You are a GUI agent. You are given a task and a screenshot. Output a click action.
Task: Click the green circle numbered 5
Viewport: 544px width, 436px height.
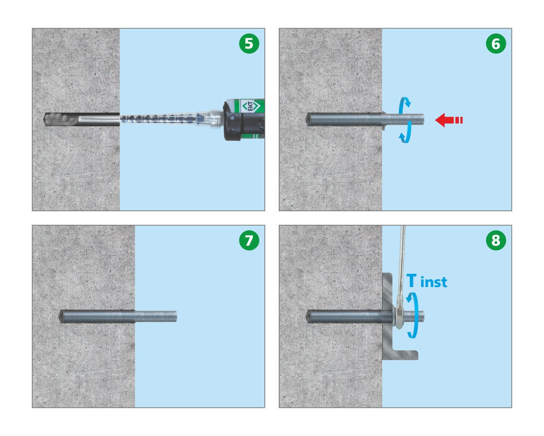pos(249,43)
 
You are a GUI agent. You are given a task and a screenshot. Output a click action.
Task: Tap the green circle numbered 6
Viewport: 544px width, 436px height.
pos(496,43)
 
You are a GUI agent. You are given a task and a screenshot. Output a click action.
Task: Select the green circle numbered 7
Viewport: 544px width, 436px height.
pos(249,240)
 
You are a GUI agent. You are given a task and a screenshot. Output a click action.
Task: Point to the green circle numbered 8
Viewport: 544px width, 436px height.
pos(496,240)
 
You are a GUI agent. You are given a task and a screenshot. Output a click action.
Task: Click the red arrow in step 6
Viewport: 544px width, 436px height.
pos(449,120)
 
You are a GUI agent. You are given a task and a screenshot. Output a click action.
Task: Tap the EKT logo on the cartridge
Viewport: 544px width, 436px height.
pos(251,106)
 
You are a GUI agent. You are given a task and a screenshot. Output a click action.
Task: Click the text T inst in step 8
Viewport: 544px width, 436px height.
pos(427,281)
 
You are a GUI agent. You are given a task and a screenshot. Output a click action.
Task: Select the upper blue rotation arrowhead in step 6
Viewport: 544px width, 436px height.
pos(407,103)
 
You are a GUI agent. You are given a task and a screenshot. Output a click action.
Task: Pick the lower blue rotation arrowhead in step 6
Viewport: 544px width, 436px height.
pos(403,138)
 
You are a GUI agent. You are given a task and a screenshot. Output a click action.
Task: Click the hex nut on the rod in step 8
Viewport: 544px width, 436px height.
pos(398,317)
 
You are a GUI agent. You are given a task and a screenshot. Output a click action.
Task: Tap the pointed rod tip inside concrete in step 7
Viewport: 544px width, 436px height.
pos(61,317)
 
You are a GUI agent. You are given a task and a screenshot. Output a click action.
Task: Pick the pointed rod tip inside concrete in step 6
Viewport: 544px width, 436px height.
pos(308,119)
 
